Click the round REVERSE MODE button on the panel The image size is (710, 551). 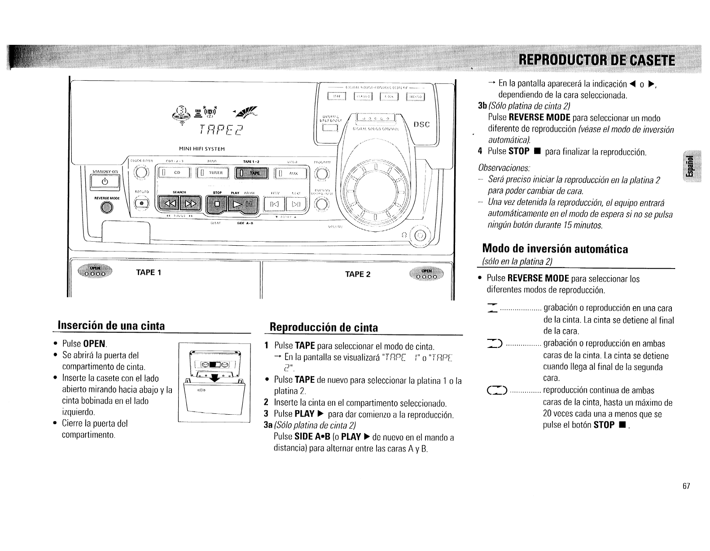pos(106,207)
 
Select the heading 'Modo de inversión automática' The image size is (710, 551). pos(555,249)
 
